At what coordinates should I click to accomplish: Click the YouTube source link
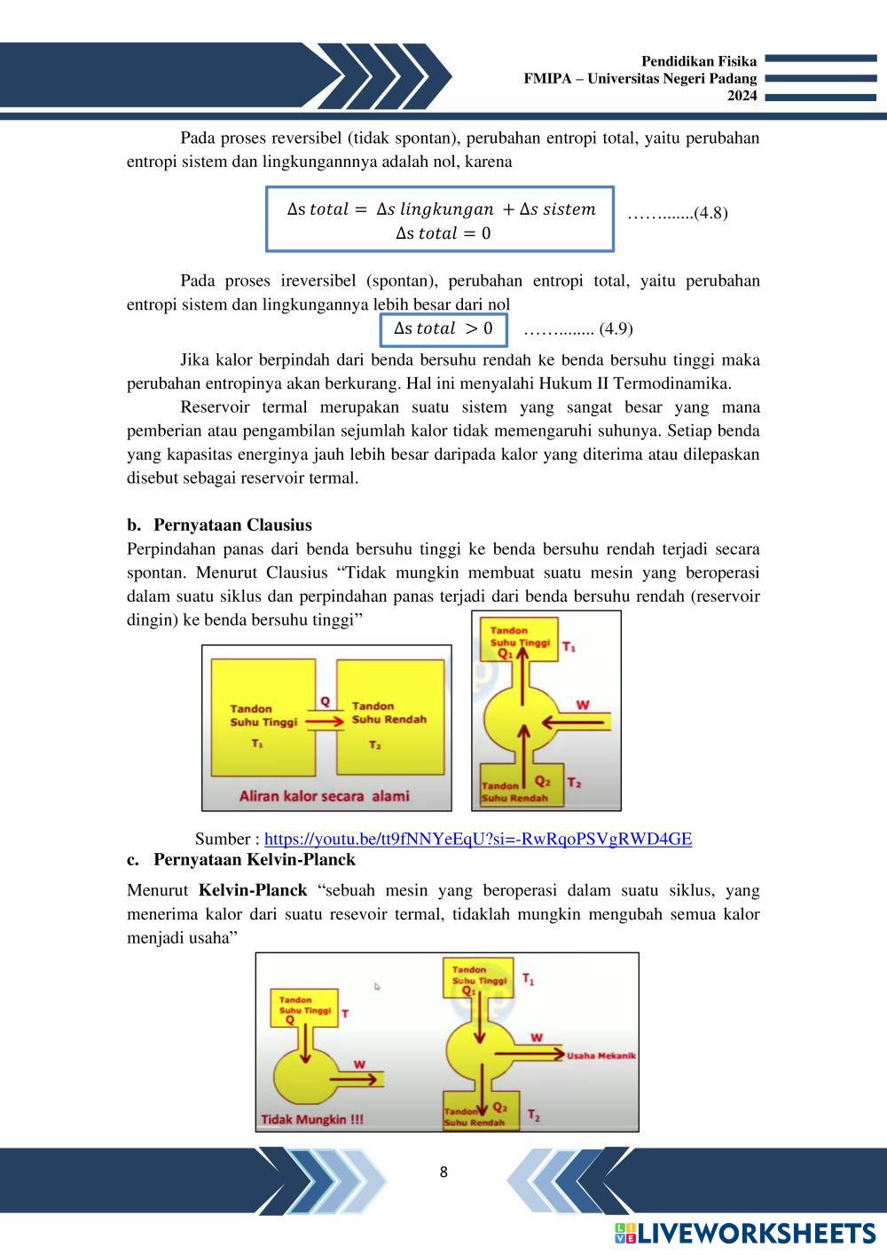[x=478, y=839]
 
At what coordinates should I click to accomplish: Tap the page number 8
[x=443, y=1172]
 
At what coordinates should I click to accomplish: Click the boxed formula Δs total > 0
[x=443, y=328]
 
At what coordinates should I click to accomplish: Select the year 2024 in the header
[x=742, y=96]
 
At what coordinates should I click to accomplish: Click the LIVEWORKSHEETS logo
[x=744, y=1233]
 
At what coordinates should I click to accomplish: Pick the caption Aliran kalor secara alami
[x=324, y=796]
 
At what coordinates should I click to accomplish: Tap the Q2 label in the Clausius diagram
[x=542, y=782]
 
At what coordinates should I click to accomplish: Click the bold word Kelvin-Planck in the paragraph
[x=253, y=890]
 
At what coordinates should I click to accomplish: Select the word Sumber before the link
[x=224, y=839]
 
